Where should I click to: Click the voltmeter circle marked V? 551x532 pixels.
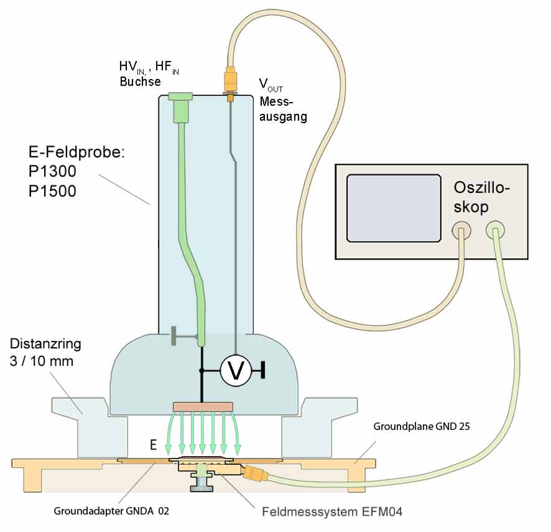tap(236, 371)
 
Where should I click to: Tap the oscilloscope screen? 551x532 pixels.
tap(387, 207)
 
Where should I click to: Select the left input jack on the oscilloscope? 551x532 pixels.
tap(461, 231)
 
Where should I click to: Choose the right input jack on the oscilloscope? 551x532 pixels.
tap(495, 231)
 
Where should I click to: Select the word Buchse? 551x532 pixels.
tap(140, 82)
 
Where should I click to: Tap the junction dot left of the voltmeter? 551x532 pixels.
tap(201, 371)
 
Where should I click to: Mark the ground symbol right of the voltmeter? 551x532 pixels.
tap(264, 371)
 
